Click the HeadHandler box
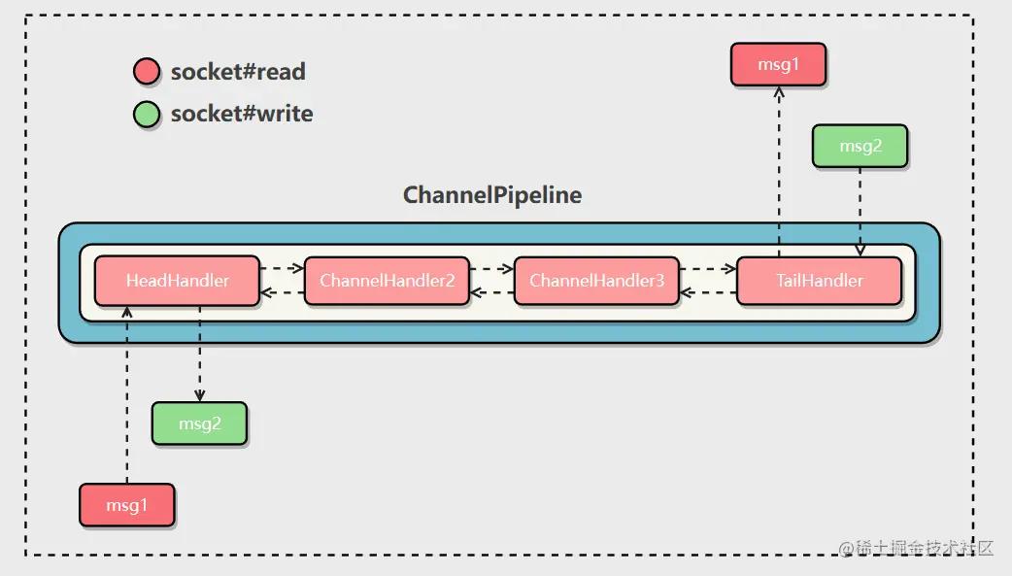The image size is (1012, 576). (x=177, y=281)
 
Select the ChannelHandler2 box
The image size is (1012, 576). (x=387, y=281)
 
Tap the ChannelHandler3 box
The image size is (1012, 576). (x=596, y=281)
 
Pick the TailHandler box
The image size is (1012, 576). (x=819, y=281)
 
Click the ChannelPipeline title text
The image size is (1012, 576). (x=492, y=195)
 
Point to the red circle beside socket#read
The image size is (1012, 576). (x=147, y=72)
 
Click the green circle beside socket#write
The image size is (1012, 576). (x=147, y=115)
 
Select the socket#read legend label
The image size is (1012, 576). (x=238, y=72)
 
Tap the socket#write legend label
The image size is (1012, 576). (x=242, y=115)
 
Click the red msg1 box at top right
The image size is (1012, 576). (x=778, y=65)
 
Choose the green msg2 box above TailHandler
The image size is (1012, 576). (x=860, y=147)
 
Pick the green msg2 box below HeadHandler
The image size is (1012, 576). (x=199, y=424)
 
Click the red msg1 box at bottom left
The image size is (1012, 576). (x=127, y=506)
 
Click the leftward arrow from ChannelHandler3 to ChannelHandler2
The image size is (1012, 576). (x=491, y=291)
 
